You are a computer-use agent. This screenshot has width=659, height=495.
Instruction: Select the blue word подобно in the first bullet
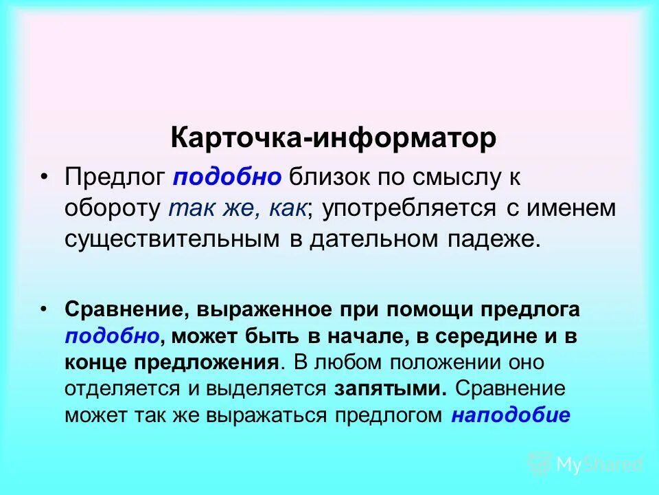pos(227,177)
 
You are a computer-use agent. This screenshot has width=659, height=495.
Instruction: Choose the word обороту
pos(113,208)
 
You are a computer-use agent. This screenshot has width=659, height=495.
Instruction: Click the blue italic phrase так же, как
pos(237,208)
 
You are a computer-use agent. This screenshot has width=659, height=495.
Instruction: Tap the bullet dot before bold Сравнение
pos(45,309)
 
